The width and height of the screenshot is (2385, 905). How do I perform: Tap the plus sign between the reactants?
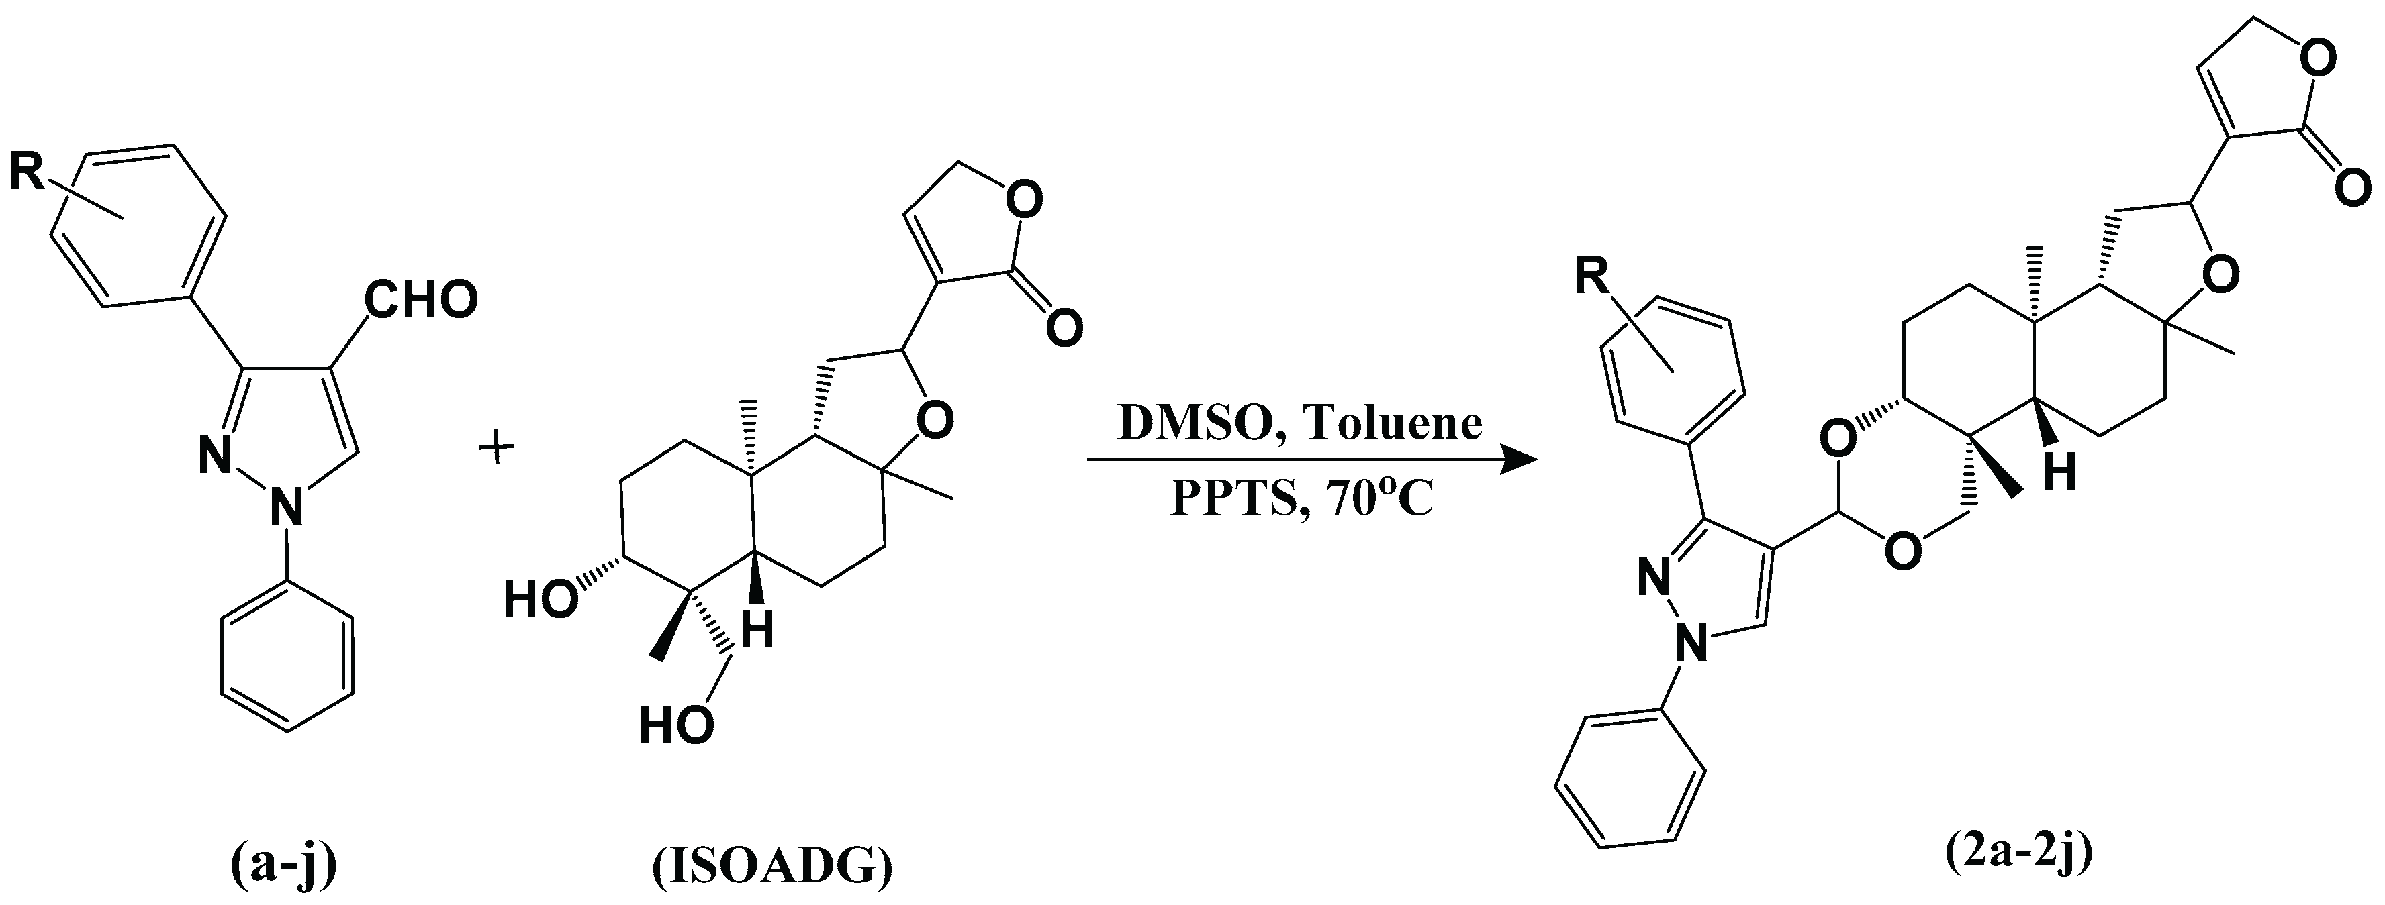[496, 451]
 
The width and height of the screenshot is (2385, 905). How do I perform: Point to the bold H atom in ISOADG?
[758, 632]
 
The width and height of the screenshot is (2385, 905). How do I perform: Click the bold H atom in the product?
[2061, 475]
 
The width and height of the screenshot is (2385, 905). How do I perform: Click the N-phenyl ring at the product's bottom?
[1630, 800]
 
